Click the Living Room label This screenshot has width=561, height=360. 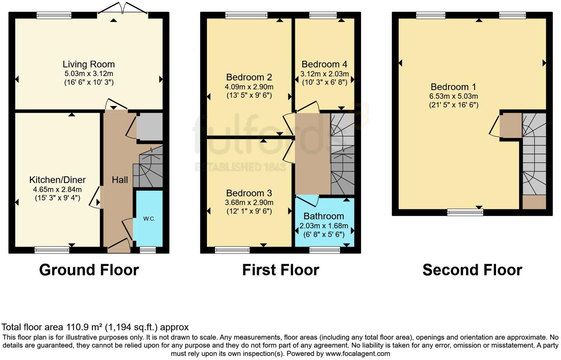pyautogui.click(x=89, y=65)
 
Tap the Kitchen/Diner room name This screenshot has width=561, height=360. pyautogui.click(x=57, y=180)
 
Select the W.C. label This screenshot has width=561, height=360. pyautogui.click(x=149, y=219)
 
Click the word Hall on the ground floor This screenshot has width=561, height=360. pyautogui.click(x=120, y=180)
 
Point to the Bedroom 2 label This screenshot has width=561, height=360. pyautogui.click(x=249, y=77)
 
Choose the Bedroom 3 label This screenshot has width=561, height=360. pyautogui.click(x=249, y=193)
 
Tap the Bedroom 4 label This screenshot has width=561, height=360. pyautogui.click(x=324, y=65)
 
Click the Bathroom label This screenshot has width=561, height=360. pyautogui.click(x=324, y=216)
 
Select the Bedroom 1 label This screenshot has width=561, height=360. pyautogui.click(x=453, y=87)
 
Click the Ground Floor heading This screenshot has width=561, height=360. pyautogui.click(x=89, y=270)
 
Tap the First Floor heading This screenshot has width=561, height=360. pyautogui.click(x=280, y=270)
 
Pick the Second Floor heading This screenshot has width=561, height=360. pyautogui.click(x=472, y=270)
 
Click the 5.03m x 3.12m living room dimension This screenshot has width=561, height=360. pyautogui.click(x=89, y=74)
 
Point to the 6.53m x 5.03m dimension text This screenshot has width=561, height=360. pyautogui.click(x=453, y=96)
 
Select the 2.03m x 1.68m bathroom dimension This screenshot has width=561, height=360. pyautogui.click(x=324, y=226)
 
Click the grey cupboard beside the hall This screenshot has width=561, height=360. pyautogui.click(x=149, y=127)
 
